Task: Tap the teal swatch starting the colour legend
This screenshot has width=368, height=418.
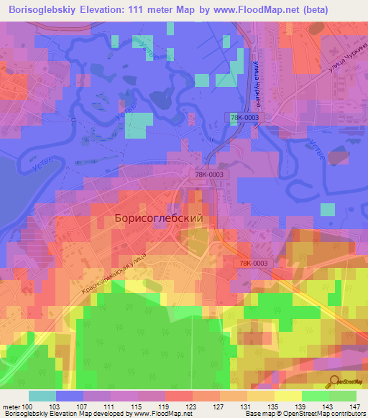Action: point(42,396)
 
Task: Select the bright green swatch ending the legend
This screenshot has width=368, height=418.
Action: point(342,396)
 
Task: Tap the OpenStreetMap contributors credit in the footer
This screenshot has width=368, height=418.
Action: point(326,414)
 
